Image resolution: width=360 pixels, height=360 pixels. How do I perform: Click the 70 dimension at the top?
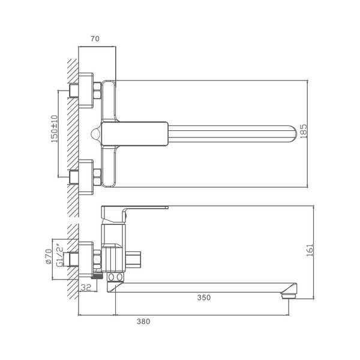pos(95,38)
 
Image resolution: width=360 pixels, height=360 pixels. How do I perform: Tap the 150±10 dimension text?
pos(55,129)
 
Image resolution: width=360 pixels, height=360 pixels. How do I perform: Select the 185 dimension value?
pos(304,131)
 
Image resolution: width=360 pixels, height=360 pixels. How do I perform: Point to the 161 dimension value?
pos(310,250)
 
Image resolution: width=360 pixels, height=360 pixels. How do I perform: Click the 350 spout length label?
pos(204,298)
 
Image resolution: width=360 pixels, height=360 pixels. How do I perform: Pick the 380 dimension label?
pos(143,322)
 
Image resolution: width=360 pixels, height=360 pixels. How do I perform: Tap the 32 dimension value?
pos(86,287)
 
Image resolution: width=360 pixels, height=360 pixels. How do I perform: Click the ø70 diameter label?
pos(49,256)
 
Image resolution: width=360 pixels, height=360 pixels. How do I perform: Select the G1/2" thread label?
pos(59,256)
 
